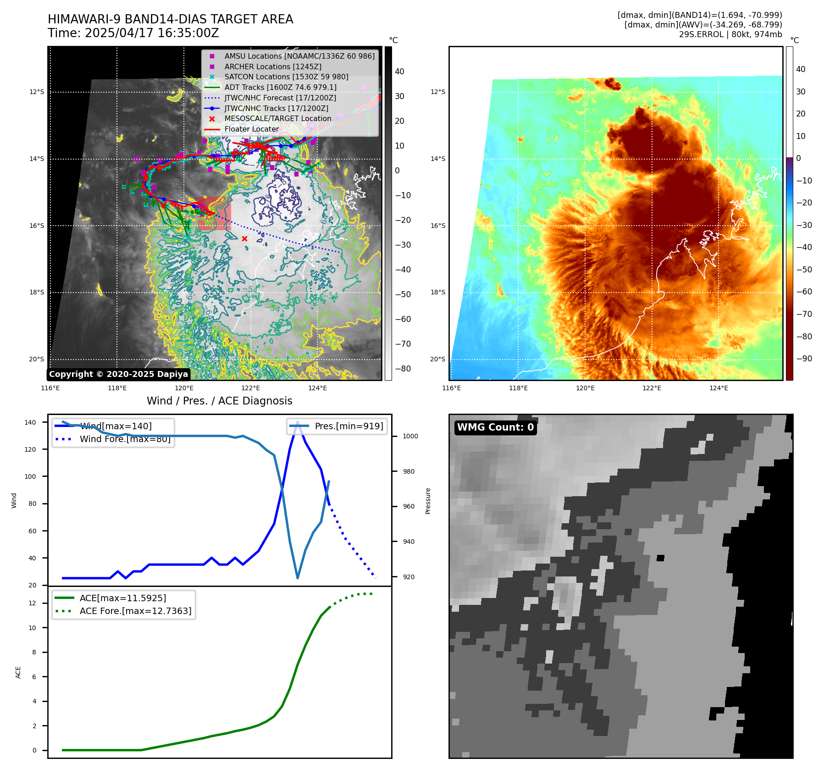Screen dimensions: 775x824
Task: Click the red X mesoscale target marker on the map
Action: pos(244,238)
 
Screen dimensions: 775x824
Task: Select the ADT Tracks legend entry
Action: pos(280,87)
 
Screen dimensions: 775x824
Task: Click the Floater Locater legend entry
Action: pos(251,129)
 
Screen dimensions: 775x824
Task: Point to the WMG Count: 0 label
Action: pos(495,427)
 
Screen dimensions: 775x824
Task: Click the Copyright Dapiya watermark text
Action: pos(118,374)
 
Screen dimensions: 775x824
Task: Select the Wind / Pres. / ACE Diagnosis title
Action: pos(219,401)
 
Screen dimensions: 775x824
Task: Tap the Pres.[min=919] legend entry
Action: pos(348,426)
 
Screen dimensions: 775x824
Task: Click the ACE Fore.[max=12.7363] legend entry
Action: pos(135,611)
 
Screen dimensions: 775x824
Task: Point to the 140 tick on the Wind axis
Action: pos(30,422)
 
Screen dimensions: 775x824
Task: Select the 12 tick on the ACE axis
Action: pos(33,603)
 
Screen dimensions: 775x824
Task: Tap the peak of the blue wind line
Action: pos(298,422)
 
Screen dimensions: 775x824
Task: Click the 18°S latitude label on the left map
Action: pos(37,292)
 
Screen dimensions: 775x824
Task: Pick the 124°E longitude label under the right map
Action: pos(719,388)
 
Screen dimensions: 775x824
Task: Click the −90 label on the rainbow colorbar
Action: pos(804,359)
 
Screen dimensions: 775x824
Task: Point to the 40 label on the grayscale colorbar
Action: pos(399,72)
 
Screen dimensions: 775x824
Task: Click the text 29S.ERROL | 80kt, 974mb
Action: pos(730,34)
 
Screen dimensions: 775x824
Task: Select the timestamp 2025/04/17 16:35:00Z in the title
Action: pos(152,33)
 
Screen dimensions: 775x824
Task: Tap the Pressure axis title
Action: pos(428,501)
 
